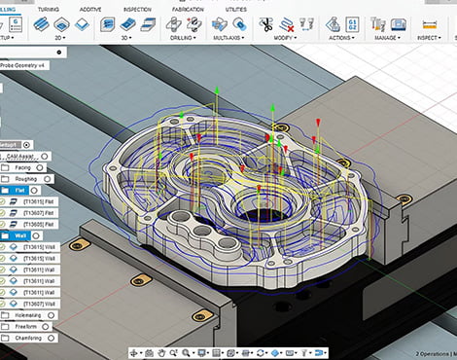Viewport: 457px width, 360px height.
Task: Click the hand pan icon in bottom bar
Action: pyautogui.click(x=161, y=352)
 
